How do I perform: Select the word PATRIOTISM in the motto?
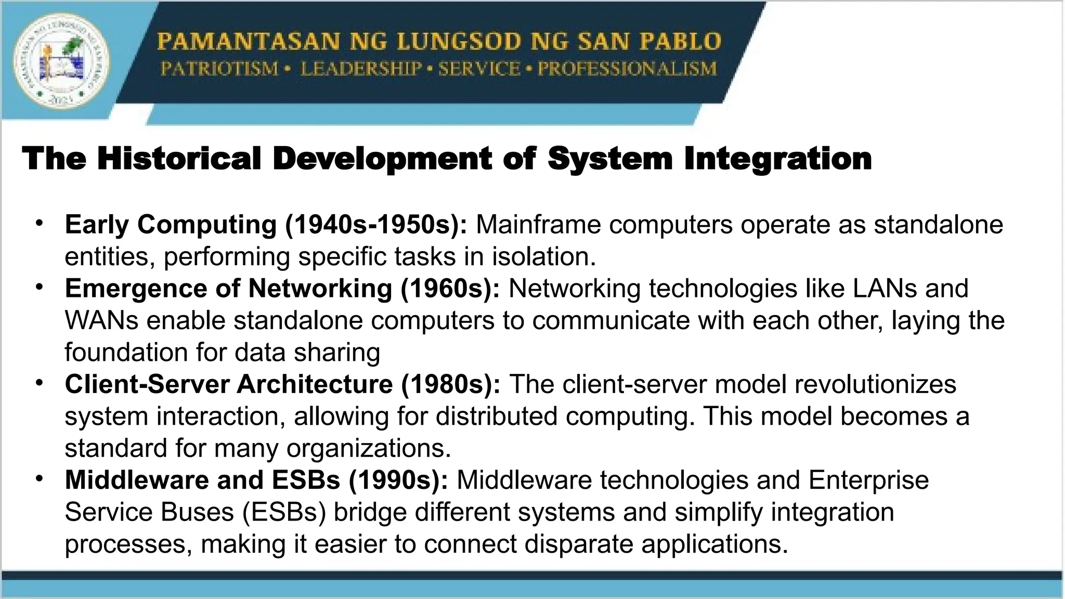(219, 69)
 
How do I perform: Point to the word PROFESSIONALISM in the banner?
(627, 69)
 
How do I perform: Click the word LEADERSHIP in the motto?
(361, 69)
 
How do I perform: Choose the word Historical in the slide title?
(179, 158)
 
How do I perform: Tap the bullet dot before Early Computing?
(39, 223)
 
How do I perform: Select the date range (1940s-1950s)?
(376, 225)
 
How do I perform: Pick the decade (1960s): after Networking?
(450, 289)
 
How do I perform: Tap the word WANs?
(101, 320)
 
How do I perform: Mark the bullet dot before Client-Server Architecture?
(39, 383)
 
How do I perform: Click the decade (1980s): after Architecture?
(450, 384)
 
